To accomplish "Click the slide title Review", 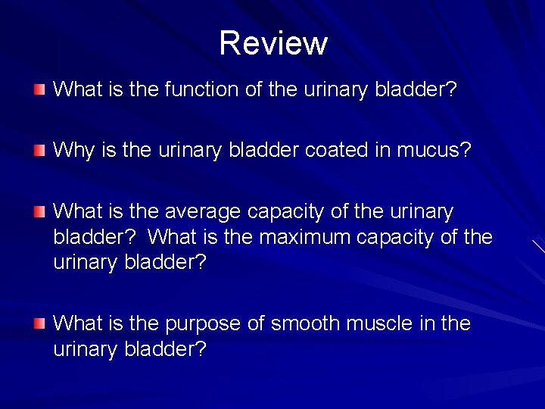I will point(272,43).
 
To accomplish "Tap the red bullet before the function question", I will point(39,90).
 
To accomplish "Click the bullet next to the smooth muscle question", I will point(39,324).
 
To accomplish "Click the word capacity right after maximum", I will point(399,237).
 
